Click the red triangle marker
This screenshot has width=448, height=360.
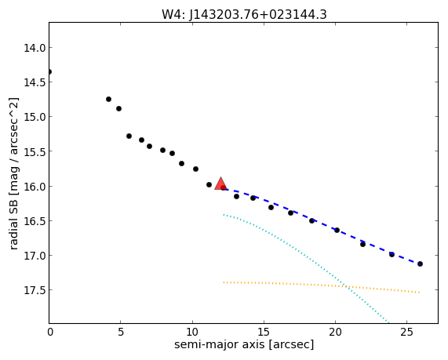tap(220, 184)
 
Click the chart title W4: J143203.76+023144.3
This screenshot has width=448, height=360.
tap(244, 14)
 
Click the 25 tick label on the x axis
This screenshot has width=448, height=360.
tap(406, 332)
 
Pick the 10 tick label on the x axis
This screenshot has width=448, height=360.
tap(192, 332)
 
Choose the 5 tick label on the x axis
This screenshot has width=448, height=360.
tap(121, 332)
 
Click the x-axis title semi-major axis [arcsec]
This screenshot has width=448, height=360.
tap(244, 344)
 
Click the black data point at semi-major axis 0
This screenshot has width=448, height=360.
tap(49, 71)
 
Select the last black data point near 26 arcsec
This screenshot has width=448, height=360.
tap(420, 264)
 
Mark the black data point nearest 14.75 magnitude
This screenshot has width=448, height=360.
tap(108, 99)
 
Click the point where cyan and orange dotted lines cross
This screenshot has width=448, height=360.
tap(346, 285)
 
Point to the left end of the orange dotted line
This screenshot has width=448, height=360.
tap(224, 282)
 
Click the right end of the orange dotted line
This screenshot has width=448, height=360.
tap(419, 293)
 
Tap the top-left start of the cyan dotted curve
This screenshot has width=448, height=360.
tap(224, 214)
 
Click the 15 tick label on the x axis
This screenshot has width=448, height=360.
tap(264, 332)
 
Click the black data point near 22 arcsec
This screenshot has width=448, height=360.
tap(362, 244)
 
